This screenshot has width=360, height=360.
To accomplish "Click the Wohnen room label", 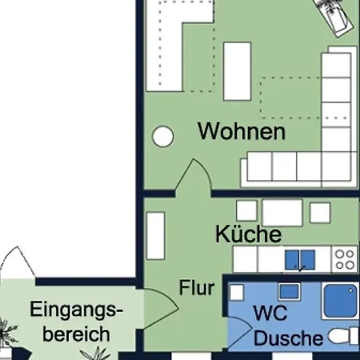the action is point(242,131).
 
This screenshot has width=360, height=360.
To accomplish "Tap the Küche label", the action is point(248,234).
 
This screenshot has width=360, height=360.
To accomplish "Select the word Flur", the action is point(197,287).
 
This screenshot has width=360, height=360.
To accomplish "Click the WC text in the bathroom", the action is point(270,313).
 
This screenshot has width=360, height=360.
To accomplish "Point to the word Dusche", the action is point(289,338).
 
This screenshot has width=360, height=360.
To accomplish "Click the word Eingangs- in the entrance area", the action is point(76,310).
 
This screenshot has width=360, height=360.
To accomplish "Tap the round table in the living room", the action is point(162,136).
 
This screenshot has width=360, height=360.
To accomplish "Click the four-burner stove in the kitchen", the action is point(345,259).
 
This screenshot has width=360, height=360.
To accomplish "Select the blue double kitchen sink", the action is point(300,260).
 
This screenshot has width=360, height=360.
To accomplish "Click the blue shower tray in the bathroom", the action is point(340,301).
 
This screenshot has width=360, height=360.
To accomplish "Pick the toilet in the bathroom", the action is point(343,336).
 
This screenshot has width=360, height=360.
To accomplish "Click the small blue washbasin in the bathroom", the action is point(290,291).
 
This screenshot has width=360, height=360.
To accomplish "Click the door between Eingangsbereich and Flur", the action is point(161,309).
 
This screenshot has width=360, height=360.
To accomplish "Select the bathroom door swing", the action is point(239,332).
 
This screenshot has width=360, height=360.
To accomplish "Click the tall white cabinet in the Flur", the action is point(156,236).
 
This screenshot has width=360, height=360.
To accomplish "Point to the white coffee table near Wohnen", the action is point(238,71).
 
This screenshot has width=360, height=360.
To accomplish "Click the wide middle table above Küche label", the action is point(282,213).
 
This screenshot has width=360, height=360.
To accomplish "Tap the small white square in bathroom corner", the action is point(237,292).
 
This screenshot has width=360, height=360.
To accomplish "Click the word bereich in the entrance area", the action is point(76,334).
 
